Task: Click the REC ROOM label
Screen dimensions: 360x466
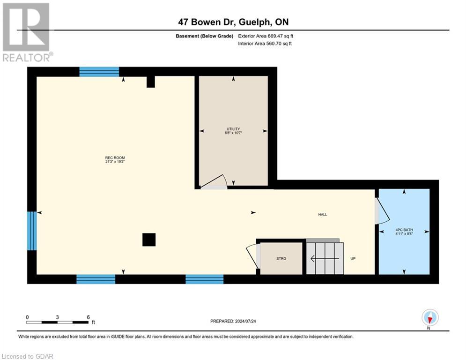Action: pyautogui.click(x=115, y=160)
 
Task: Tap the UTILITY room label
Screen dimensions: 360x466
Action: pyautogui.click(x=233, y=131)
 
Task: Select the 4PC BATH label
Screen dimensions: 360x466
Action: pyautogui.click(x=404, y=231)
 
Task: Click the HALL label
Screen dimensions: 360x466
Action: pyautogui.click(x=322, y=215)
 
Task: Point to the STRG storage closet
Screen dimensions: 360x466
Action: pyautogui.click(x=281, y=258)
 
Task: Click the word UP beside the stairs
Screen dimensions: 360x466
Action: pyautogui.click(x=353, y=258)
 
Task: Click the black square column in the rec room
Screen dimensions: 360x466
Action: pyautogui.click(x=149, y=240)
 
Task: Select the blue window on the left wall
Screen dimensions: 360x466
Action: pyautogui.click(x=32, y=231)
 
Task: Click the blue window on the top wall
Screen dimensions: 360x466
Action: pyautogui.click(x=99, y=72)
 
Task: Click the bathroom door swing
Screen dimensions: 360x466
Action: pyautogui.click(x=383, y=210)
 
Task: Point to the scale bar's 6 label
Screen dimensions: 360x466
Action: pyautogui.click(x=88, y=317)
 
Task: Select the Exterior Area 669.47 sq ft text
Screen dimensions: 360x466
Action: pyautogui.click(x=266, y=36)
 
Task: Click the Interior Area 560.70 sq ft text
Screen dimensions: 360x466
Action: pyautogui.click(x=265, y=44)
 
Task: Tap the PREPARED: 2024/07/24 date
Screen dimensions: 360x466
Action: pyautogui.click(x=234, y=321)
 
